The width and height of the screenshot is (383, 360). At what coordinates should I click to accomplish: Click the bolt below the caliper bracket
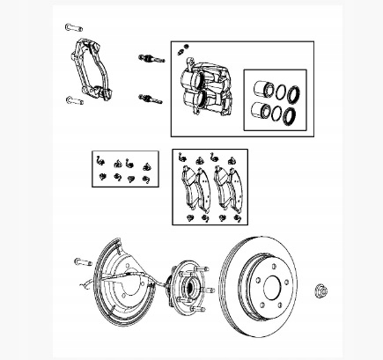click(x=73, y=99)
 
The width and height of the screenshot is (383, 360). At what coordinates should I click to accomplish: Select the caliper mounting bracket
click(x=92, y=70)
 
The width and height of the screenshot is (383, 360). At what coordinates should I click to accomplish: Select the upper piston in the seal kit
click(x=261, y=89)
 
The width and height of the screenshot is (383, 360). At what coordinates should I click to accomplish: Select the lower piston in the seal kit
click(x=261, y=110)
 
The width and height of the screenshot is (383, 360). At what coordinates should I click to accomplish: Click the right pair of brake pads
click(x=225, y=187)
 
